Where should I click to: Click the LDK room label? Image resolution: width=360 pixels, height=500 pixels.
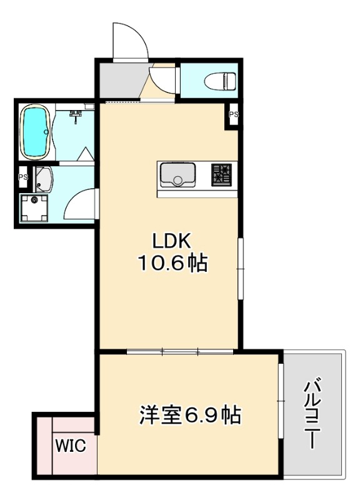pos(167,241)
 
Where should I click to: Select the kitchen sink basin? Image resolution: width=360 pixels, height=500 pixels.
pos(179,174)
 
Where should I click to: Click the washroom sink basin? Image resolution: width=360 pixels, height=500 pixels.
pos(43,181)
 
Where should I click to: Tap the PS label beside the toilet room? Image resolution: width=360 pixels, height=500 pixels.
pos(233,114)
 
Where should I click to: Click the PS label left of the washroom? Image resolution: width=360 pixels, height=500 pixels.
pos(22,177)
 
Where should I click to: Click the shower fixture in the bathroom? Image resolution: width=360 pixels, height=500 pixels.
pos(76,116)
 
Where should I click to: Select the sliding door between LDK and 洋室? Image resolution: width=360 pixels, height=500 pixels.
pos(180,351)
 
